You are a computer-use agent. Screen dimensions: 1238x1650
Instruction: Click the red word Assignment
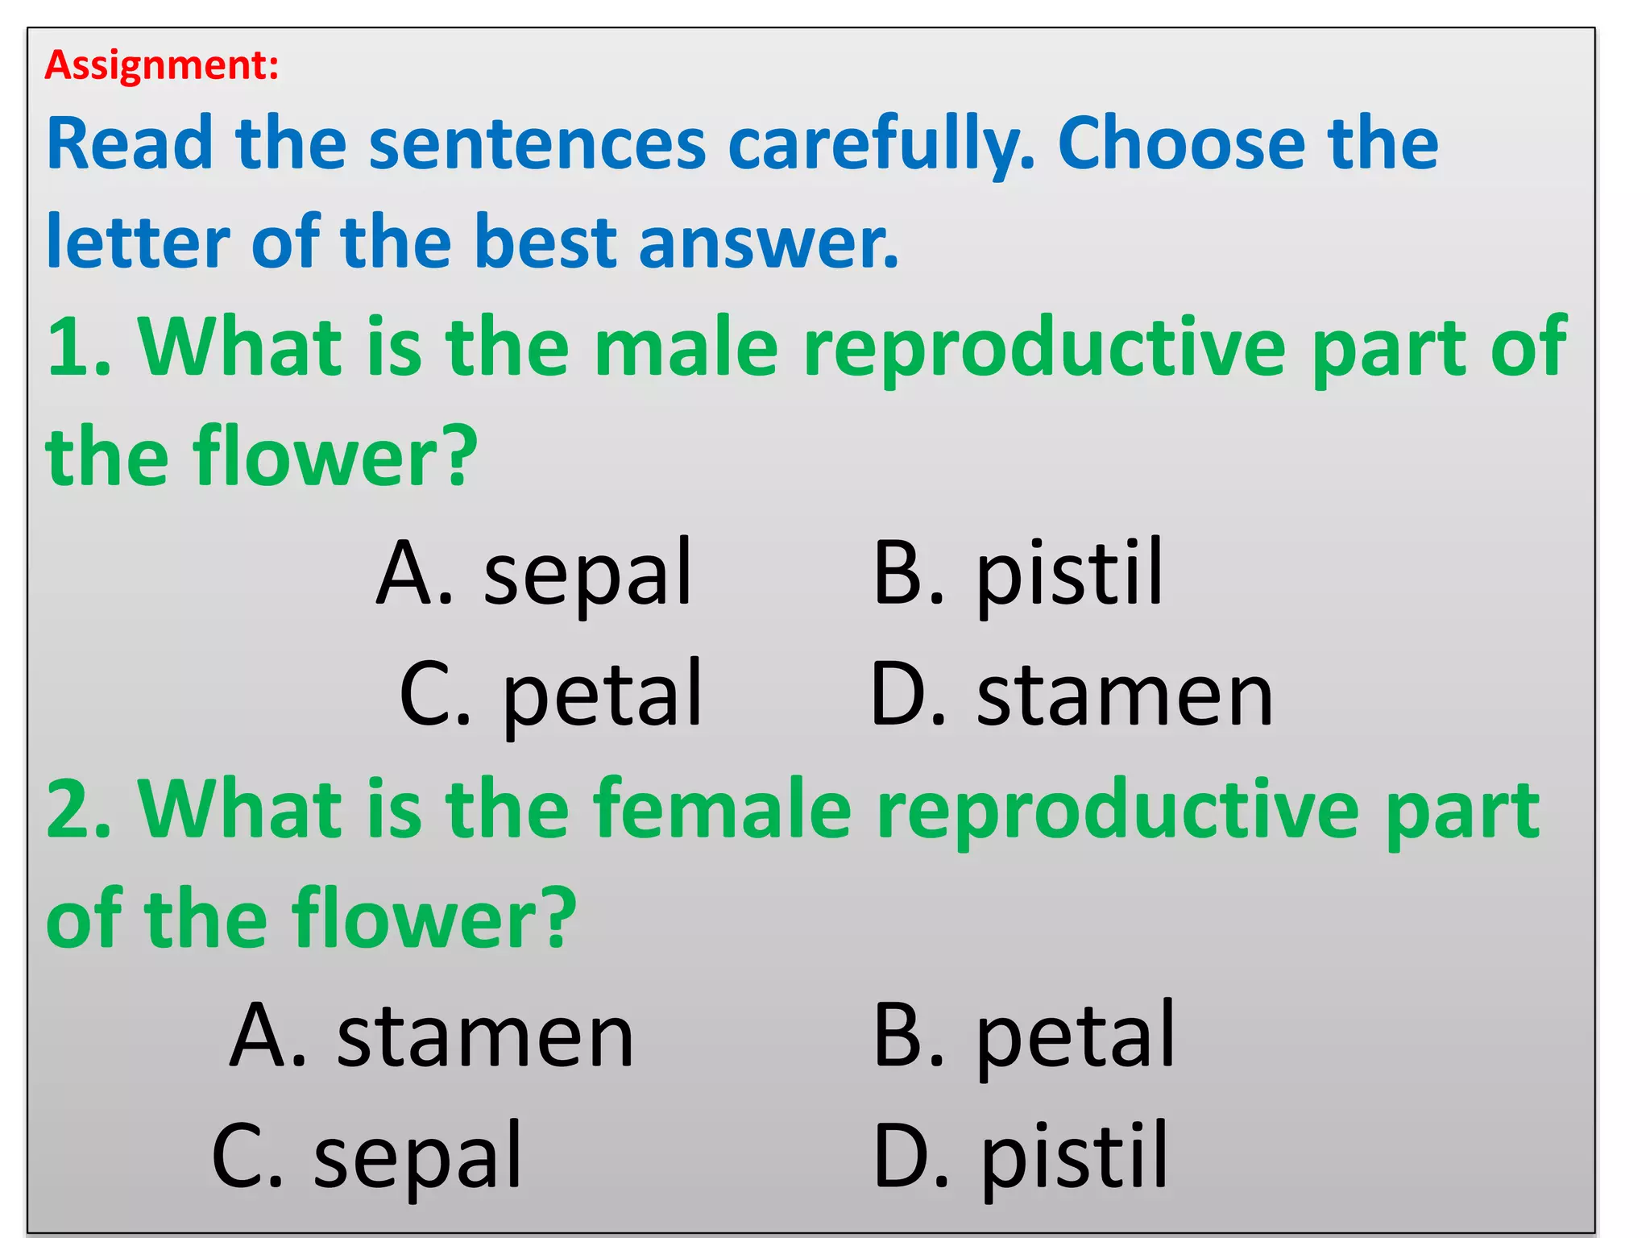[x=161, y=65]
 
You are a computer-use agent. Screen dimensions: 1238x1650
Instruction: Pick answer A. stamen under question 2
[x=432, y=1037]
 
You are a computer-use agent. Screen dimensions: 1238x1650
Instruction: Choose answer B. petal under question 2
[x=1023, y=1037]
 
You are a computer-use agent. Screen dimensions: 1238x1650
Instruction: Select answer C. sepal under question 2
[x=367, y=1157]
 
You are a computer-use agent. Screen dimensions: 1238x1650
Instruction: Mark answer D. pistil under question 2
[x=1020, y=1157]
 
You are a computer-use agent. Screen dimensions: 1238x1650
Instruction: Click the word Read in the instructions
[x=129, y=145]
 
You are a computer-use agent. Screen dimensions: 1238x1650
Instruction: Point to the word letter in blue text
[x=138, y=242]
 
